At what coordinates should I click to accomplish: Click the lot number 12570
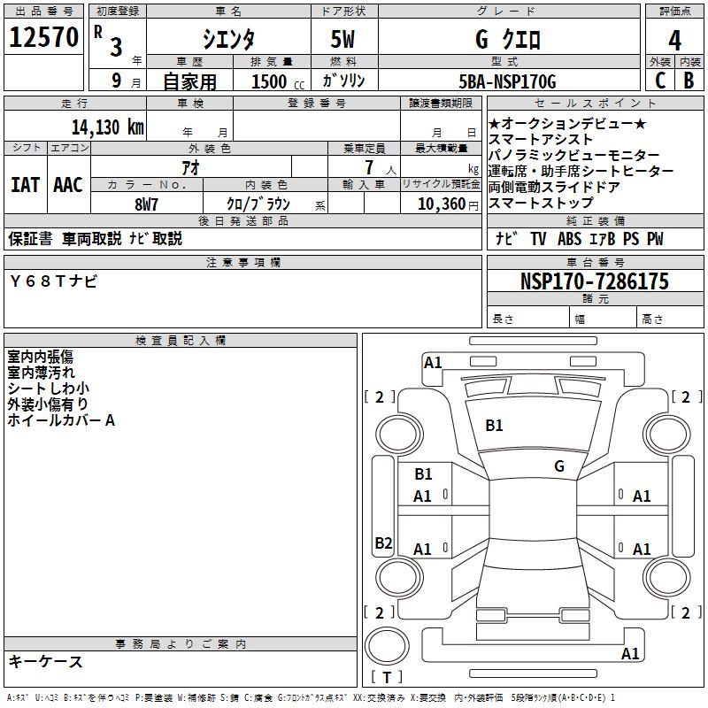43,37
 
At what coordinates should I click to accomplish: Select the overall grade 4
674,41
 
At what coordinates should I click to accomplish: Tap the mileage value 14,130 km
108,127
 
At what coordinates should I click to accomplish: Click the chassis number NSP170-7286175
594,281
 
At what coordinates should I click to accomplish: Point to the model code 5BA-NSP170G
507,81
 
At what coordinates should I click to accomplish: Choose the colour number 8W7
146,204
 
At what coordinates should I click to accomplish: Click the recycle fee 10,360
441,204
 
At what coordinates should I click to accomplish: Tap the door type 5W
342,39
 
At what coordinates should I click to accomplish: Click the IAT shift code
26,185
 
